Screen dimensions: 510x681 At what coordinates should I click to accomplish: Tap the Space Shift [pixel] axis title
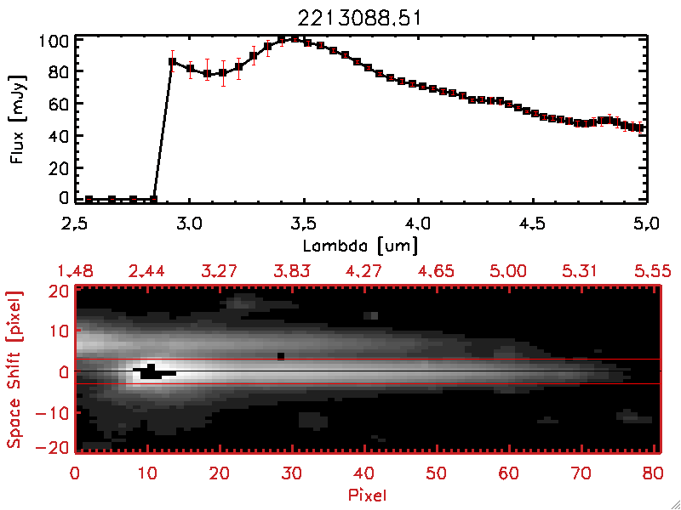14,369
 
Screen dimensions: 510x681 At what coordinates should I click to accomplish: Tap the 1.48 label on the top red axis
75,271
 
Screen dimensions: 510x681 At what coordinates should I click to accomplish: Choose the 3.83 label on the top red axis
293,271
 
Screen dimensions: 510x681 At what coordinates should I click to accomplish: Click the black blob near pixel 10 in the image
152,371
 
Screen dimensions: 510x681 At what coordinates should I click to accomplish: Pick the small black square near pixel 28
281,355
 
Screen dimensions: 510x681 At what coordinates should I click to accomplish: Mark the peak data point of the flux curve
295,37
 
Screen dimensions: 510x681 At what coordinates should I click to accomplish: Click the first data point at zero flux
89,199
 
